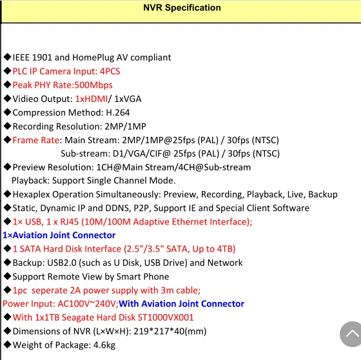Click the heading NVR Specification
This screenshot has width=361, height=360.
[x=182, y=8]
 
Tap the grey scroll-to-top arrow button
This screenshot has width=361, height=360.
[x=351, y=334]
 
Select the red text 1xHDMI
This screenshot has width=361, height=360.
[x=92, y=99]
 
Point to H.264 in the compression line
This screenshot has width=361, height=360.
[x=117, y=113]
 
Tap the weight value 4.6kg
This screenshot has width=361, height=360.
[x=104, y=345]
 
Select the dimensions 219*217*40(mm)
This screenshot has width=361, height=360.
[x=170, y=332]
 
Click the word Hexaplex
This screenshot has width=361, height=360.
[x=32, y=195]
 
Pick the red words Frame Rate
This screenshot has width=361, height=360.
[x=36, y=140]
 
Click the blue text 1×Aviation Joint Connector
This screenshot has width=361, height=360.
[x=59, y=235]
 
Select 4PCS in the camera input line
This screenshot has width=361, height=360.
[x=110, y=72]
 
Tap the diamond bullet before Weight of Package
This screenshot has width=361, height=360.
[x=7, y=345]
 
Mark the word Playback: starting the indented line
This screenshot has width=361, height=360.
[x=31, y=181]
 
